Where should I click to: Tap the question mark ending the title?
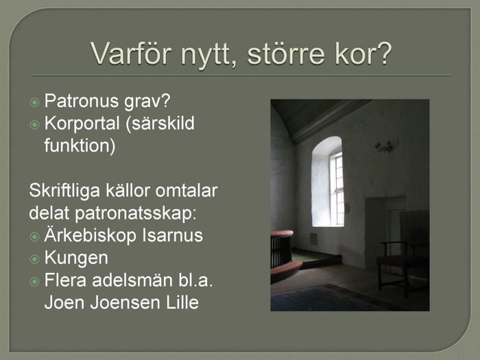pos(384,53)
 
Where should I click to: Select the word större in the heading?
pos(286,53)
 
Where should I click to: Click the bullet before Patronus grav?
pos(34,102)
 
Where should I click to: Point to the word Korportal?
pos(82,123)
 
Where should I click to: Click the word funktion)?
pos(80,145)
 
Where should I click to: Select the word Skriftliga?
pos(64,191)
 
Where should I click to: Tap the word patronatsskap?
pos(135,213)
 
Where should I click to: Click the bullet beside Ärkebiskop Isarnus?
pos(34,237)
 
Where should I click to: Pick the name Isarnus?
pos(172,235)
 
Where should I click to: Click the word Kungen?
pos(76,258)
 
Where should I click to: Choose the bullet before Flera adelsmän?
pos(34,281)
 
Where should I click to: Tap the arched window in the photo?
pos(327,182)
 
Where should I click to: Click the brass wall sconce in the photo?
pos(385,147)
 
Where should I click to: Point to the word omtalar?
pos(187,191)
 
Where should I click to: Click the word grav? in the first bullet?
pos(147,101)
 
